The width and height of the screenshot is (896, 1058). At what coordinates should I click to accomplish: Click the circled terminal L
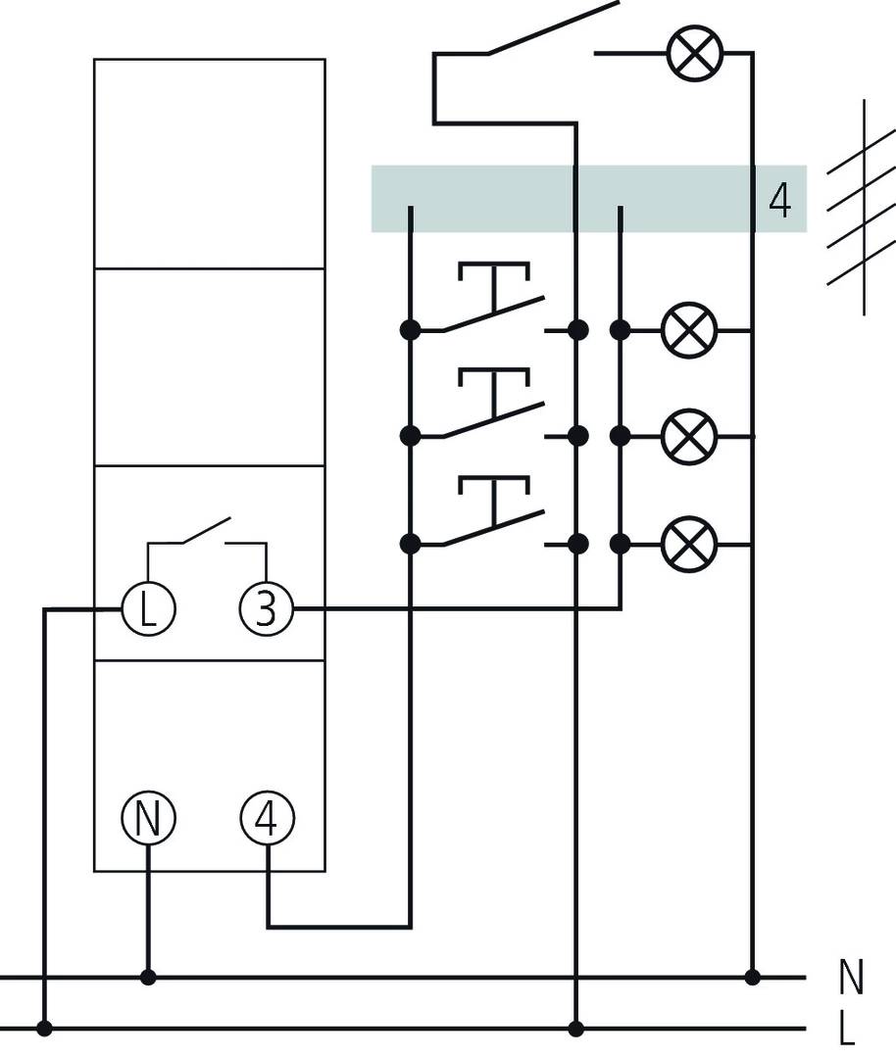click(147, 609)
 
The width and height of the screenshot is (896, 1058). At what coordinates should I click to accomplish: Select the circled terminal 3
click(267, 609)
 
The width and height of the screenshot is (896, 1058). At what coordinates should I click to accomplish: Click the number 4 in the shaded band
click(780, 200)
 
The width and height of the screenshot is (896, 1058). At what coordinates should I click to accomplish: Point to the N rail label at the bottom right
click(851, 978)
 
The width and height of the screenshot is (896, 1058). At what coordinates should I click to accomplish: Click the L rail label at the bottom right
click(849, 1030)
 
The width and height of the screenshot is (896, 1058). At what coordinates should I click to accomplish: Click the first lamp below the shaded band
click(689, 331)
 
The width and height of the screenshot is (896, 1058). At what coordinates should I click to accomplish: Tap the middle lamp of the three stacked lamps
click(689, 436)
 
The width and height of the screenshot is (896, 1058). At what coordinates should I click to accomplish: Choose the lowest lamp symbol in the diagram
click(689, 543)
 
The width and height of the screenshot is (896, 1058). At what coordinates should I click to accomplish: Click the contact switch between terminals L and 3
click(206, 534)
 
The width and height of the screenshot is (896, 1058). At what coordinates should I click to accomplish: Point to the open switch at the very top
click(554, 27)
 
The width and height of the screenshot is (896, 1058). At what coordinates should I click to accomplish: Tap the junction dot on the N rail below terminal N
click(148, 977)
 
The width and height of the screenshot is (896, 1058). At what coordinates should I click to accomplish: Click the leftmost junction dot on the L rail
click(44, 1029)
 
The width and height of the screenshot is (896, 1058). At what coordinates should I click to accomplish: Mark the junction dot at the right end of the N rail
click(752, 977)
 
